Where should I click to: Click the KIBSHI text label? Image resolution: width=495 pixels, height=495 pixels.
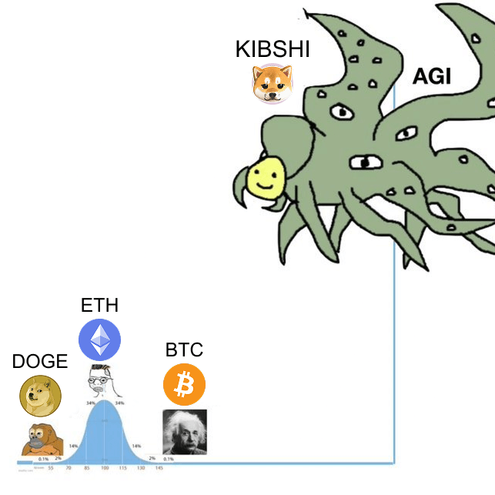click(x=273, y=50)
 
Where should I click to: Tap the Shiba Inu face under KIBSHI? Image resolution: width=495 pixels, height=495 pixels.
click(x=273, y=82)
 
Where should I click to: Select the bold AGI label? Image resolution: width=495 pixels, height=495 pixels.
click(x=432, y=76)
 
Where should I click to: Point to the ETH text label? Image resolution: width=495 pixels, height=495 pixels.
click(x=99, y=305)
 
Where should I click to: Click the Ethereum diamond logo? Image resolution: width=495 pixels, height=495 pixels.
click(x=100, y=340)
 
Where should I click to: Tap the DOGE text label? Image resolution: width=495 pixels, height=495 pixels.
click(x=40, y=361)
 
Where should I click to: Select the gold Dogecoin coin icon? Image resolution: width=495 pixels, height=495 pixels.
click(x=39, y=395)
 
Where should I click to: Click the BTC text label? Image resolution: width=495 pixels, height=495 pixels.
click(x=184, y=350)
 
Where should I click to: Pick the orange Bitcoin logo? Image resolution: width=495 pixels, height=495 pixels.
click(x=184, y=385)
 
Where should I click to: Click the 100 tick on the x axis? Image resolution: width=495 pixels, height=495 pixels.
click(x=104, y=468)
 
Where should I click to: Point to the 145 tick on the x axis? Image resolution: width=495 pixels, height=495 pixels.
click(x=159, y=468)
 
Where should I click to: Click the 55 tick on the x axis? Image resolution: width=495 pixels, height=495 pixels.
click(x=51, y=468)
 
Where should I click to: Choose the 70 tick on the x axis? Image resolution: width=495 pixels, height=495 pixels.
click(x=69, y=468)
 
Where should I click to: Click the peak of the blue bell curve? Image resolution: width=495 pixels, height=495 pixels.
click(x=105, y=402)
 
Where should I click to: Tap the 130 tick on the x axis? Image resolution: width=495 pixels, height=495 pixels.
click(x=141, y=468)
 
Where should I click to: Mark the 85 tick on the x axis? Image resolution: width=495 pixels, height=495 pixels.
click(x=87, y=468)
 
